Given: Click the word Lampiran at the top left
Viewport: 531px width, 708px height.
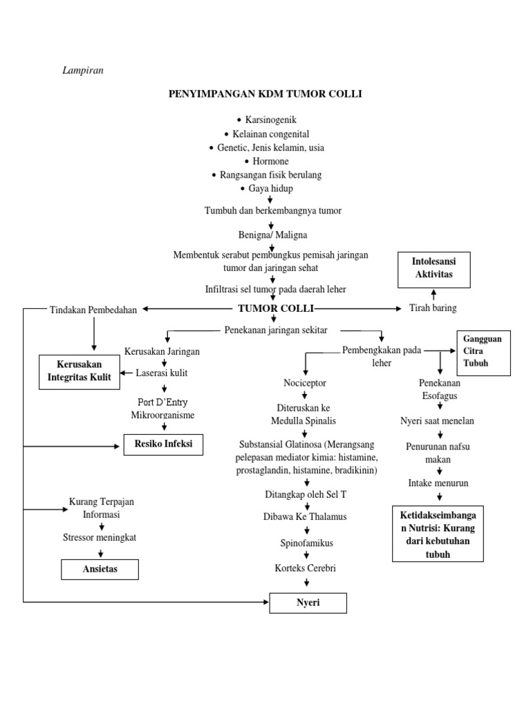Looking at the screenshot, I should pos(83,70).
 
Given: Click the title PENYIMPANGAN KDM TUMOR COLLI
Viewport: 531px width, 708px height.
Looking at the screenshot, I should pos(265,94).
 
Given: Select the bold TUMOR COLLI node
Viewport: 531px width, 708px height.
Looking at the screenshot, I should pos(275,308).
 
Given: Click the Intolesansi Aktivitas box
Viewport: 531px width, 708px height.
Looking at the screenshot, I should pos(434,269).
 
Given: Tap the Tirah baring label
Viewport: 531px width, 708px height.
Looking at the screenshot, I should pos(434,308).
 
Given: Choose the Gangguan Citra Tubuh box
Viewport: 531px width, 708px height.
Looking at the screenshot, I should pos(483,352).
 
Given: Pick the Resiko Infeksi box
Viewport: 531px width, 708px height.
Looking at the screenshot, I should pos(163,445).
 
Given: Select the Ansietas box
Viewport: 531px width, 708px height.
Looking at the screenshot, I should pos(100,569).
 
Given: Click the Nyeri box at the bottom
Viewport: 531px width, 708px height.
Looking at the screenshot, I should pos(308,604).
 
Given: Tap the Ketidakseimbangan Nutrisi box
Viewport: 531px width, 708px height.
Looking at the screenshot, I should pos(438,534).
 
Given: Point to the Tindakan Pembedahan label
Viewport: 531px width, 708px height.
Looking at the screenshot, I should pos(93,309).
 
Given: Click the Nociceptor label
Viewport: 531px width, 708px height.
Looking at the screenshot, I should pos(305,382).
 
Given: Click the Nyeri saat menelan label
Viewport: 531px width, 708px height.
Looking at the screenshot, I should pos(438,420).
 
